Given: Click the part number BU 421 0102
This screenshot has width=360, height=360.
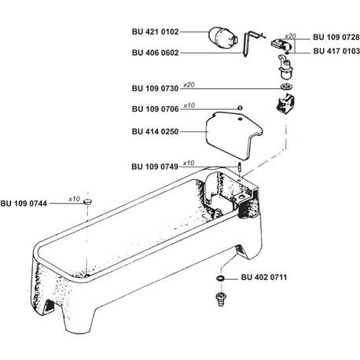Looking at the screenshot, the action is click(x=156, y=32).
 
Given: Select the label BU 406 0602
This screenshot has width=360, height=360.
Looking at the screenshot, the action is click(x=156, y=53).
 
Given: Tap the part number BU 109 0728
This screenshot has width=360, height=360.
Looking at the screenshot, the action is click(x=336, y=38).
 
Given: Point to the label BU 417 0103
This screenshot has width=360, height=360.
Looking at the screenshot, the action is click(x=336, y=51).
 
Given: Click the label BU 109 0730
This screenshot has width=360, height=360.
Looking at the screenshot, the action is click(x=155, y=89).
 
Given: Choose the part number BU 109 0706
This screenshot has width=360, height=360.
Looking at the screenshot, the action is click(x=156, y=109).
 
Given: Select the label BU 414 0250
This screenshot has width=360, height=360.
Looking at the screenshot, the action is click(x=155, y=131).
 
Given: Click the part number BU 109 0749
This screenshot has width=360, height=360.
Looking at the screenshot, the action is click(x=155, y=167).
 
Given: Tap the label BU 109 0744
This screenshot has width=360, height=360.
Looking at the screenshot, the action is click(x=24, y=204).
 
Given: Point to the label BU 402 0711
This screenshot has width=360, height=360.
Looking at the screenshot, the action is click(x=264, y=277).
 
